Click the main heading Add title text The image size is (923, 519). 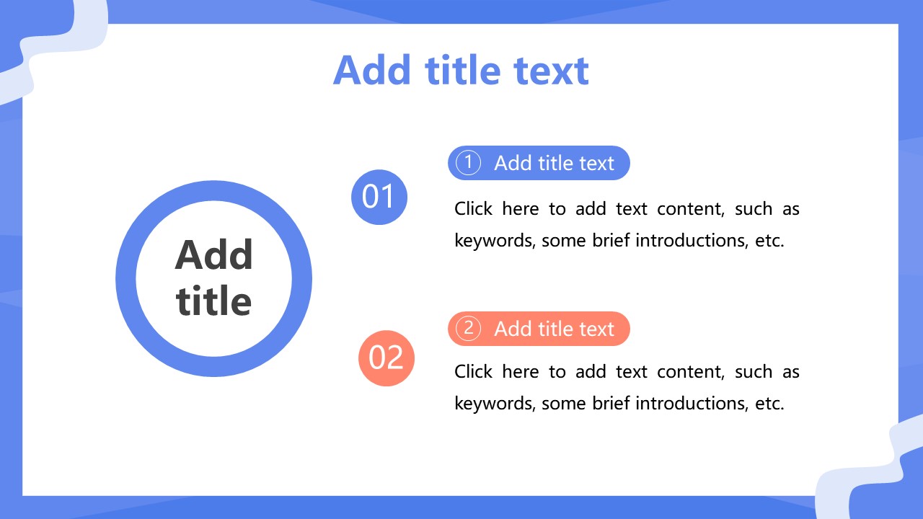click(x=461, y=71)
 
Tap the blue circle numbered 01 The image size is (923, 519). click(x=379, y=197)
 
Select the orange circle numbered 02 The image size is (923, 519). click(x=386, y=358)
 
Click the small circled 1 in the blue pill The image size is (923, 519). click(x=468, y=163)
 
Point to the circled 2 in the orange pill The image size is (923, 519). click(x=468, y=328)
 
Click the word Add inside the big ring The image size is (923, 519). click(x=213, y=255)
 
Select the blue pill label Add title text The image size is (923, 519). click(x=555, y=163)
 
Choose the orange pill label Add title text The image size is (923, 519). click(x=555, y=329)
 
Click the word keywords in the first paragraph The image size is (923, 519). click(x=495, y=241)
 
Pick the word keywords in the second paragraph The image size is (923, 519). click(x=495, y=403)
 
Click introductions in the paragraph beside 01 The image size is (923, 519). click(x=692, y=240)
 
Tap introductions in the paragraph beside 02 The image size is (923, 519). click(x=692, y=403)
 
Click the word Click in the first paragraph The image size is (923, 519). click(x=473, y=208)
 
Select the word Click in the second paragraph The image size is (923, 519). click(x=473, y=371)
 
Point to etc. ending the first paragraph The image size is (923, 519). click(x=769, y=241)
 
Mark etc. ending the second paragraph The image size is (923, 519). click(x=769, y=403)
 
